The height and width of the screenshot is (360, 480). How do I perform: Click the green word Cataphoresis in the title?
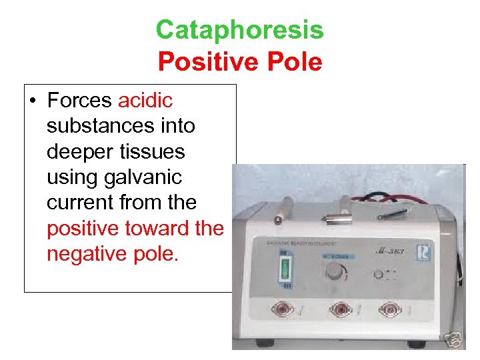click(239, 30)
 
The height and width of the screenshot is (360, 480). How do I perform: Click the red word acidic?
click(145, 101)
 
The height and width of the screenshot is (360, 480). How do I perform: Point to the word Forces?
click(80, 101)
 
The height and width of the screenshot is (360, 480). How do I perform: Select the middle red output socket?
click(341, 309)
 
